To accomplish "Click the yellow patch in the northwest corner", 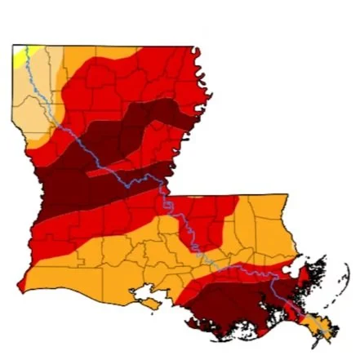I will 19,55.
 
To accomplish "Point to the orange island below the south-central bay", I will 152,304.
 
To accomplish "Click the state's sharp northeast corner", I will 194,47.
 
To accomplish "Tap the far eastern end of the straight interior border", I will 287,194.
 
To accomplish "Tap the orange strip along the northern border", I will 106,52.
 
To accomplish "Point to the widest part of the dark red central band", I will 73,184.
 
